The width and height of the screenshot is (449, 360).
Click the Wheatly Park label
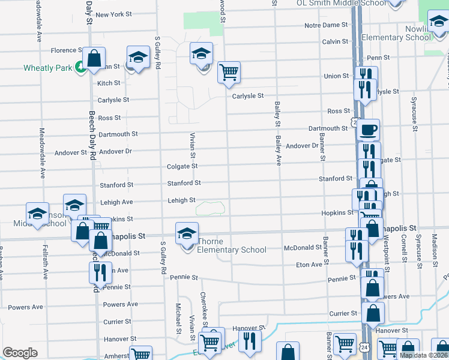click(x=47, y=68)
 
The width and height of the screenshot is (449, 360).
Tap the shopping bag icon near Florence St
click(x=94, y=59)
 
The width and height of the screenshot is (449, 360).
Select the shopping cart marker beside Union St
click(x=229, y=73)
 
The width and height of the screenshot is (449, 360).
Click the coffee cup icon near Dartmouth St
click(x=369, y=129)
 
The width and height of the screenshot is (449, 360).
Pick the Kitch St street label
click(x=109, y=83)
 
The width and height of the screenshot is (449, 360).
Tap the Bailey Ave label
click(x=279, y=151)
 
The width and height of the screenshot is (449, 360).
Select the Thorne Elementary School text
click(x=232, y=250)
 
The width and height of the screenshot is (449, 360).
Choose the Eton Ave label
click(x=309, y=265)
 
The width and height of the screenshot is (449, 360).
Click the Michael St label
click(x=178, y=319)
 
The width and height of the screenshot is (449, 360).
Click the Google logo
click(x=20, y=353)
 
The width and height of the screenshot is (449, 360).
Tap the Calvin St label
click(x=335, y=41)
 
